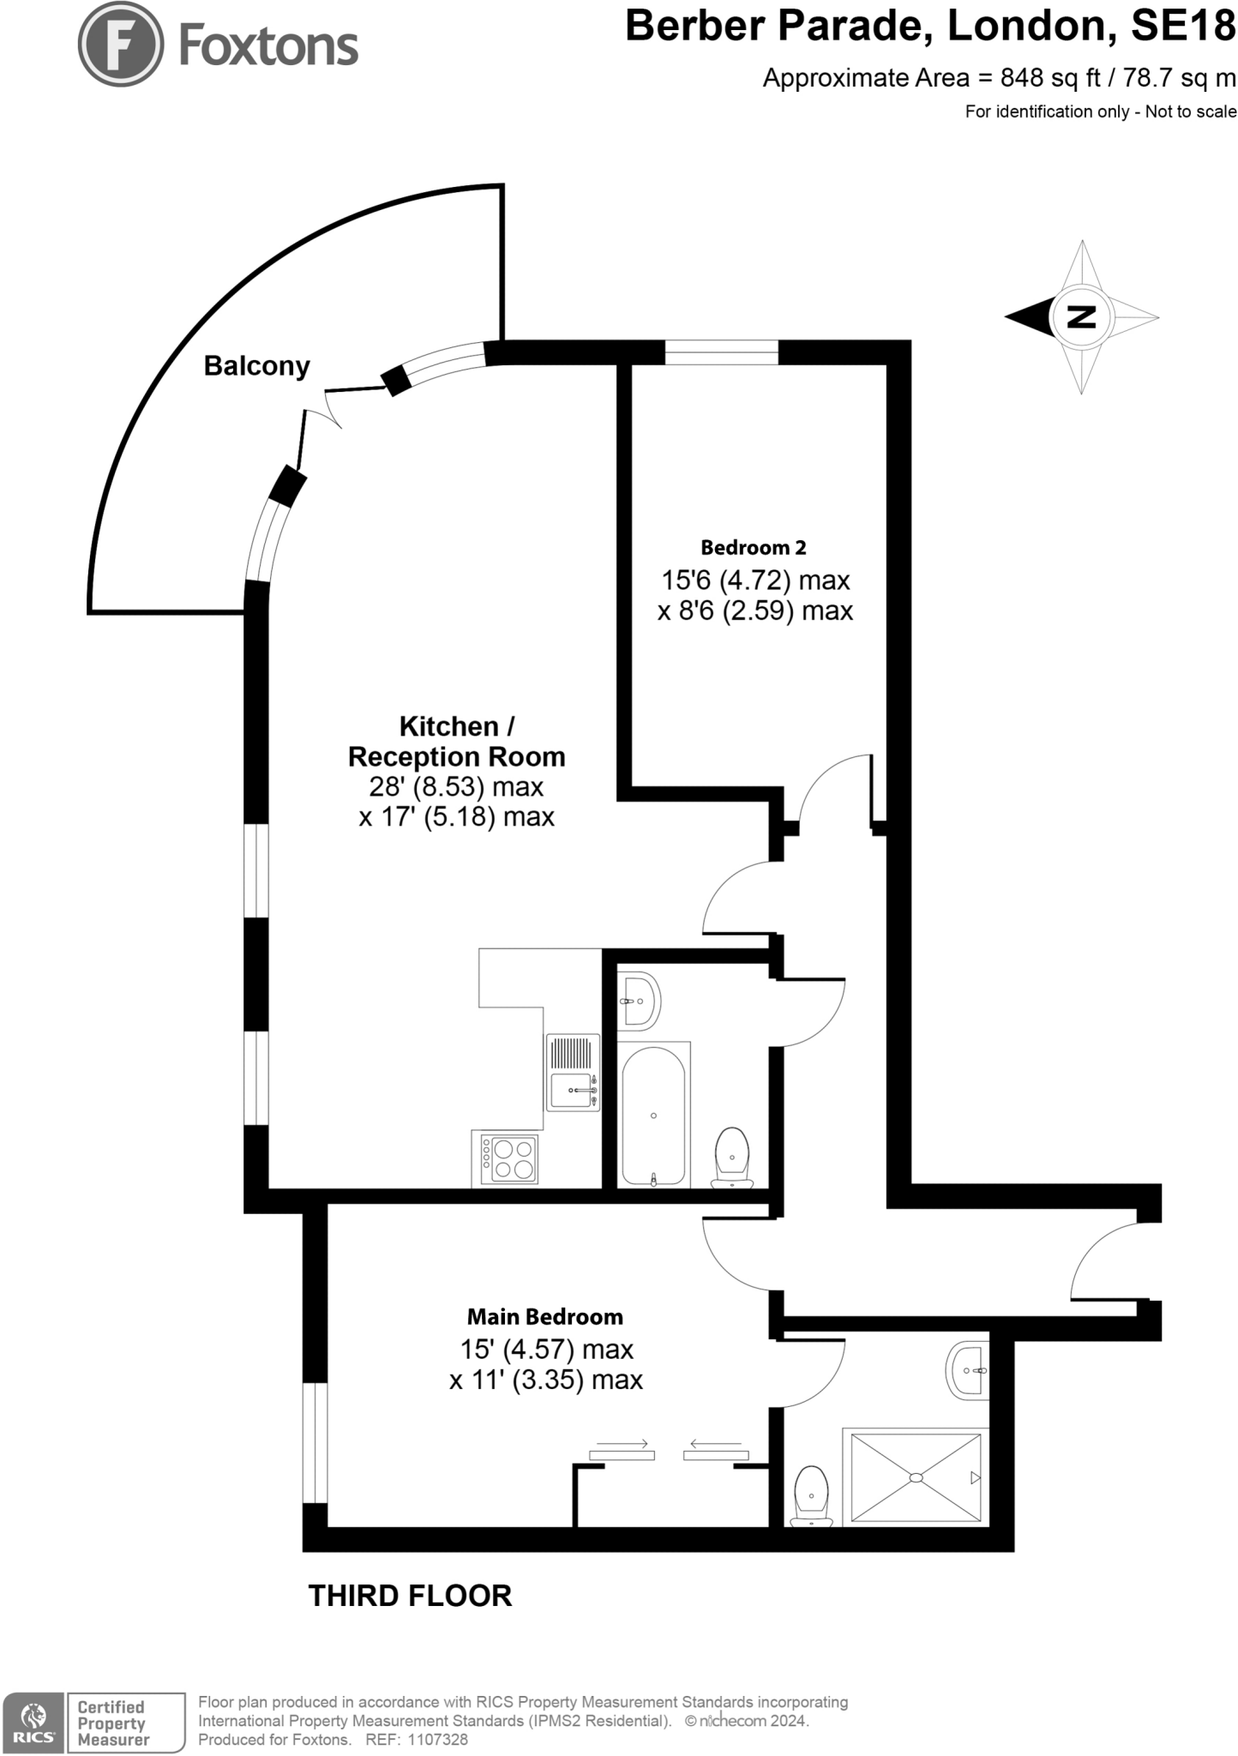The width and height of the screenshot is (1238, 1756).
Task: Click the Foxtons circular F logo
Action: (120, 43)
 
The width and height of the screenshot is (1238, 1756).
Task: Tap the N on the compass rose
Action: (1082, 317)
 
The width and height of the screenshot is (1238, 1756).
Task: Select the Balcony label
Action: (256, 366)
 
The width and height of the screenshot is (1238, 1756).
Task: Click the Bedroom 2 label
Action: (753, 547)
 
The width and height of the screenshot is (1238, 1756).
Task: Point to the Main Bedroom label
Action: (544, 1316)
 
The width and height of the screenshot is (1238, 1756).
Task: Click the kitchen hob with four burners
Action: (509, 1158)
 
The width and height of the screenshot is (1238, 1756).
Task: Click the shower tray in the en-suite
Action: (916, 1476)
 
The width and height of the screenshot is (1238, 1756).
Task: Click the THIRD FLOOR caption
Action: (410, 1596)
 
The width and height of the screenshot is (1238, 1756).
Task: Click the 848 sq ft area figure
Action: (1050, 78)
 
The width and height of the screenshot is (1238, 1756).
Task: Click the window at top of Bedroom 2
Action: (721, 352)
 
